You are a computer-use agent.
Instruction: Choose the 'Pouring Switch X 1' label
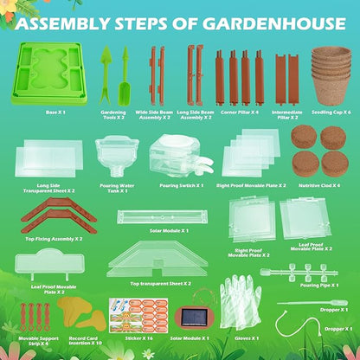[181, 185]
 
